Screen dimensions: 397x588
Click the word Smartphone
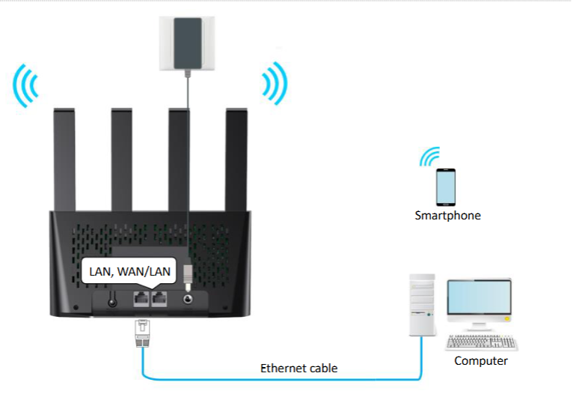447,216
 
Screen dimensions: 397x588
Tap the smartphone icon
447,187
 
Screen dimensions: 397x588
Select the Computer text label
481,361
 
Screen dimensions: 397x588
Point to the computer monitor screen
479,302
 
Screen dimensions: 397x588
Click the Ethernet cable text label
298,368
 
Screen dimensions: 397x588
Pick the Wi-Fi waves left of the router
26,85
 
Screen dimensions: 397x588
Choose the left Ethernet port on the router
141,299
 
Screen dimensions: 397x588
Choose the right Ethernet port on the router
159,299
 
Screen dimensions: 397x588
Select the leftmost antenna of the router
64,160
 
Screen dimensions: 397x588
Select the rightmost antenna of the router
237,160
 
